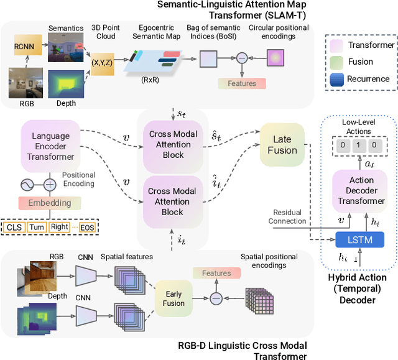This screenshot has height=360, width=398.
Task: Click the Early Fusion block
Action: point(174,298)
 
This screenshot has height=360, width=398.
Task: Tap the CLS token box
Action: point(14,227)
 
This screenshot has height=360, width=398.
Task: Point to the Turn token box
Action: point(37,227)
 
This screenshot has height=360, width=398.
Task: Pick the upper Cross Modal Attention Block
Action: point(173,144)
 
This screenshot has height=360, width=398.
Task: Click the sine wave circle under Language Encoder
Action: point(27,185)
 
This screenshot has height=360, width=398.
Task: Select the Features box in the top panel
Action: point(242,83)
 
